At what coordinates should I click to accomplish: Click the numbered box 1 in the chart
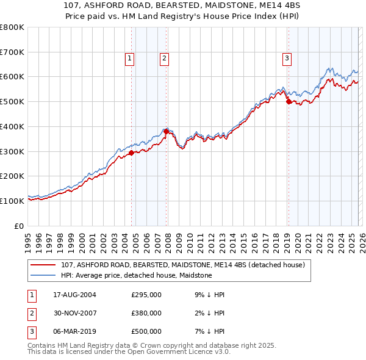(x=131, y=59)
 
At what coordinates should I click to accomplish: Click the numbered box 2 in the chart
(x=165, y=59)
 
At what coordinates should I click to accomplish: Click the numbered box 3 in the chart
(x=287, y=59)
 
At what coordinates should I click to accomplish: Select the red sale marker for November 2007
(x=167, y=131)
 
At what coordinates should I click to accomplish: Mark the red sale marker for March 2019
(x=289, y=102)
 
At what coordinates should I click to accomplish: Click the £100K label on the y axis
(x=12, y=201)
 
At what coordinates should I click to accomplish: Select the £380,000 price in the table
(x=146, y=313)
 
